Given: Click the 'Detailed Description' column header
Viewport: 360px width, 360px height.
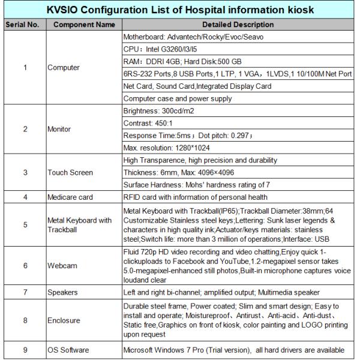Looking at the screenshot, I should [239, 26].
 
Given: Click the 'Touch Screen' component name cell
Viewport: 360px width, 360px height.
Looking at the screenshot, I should [70, 173].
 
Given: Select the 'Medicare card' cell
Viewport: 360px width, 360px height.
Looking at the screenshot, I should [70, 196].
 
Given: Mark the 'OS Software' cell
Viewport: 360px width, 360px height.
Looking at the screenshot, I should [68, 350].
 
